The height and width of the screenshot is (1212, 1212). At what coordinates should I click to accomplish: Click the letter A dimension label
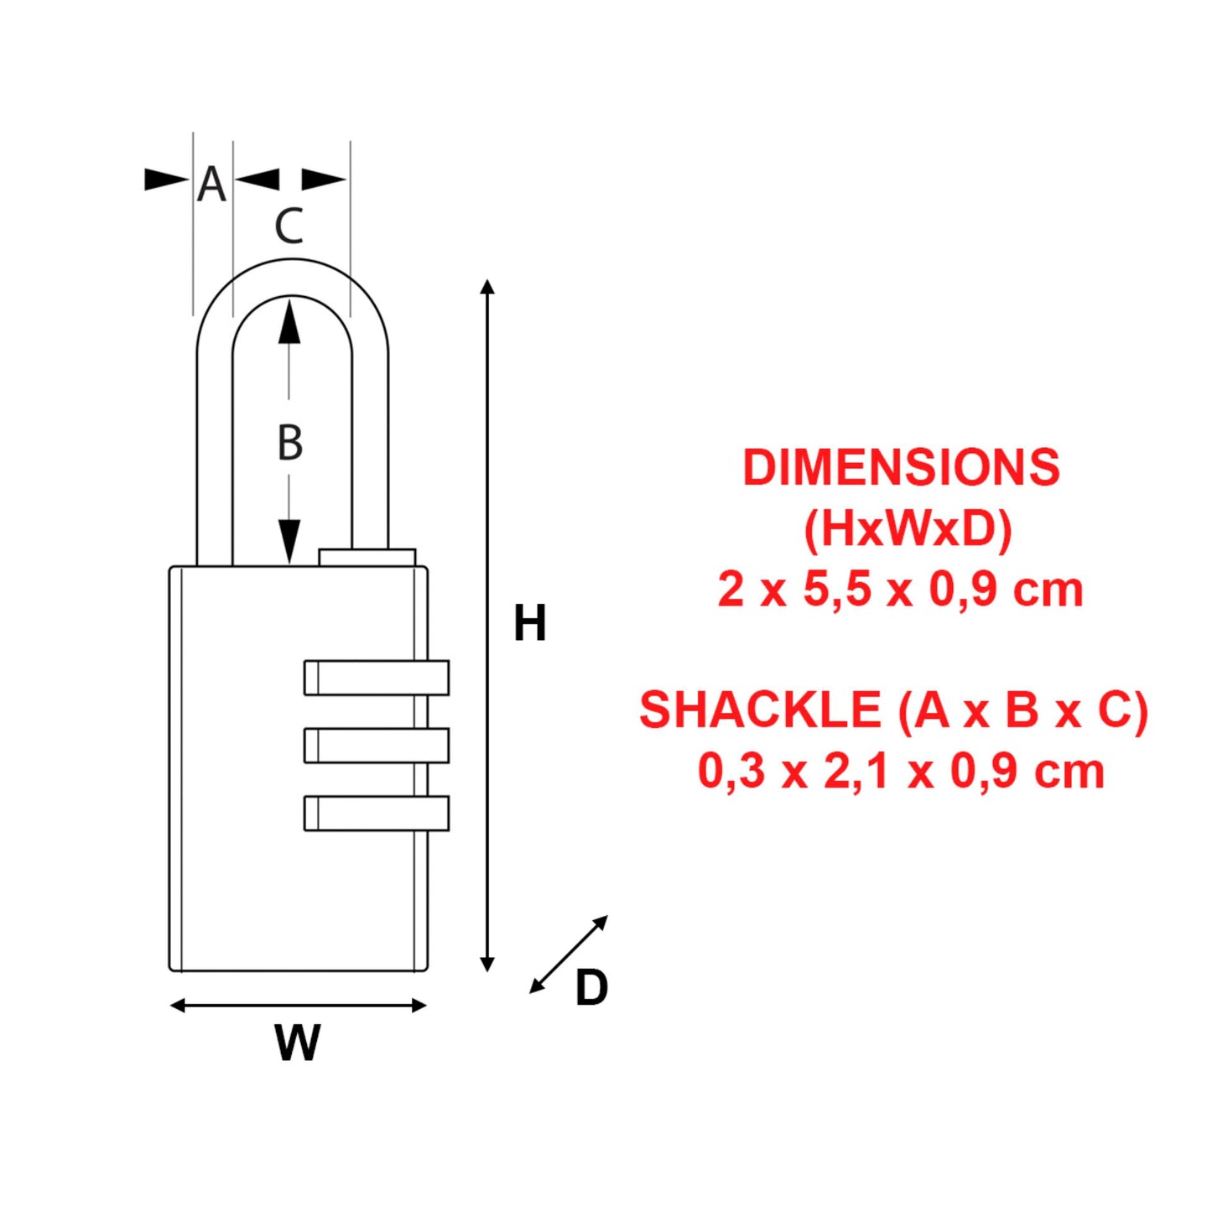(x=211, y=184)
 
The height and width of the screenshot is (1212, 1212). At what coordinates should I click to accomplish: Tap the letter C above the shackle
(x=289, y=226)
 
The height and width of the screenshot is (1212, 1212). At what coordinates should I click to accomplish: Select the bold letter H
(x=529, y=623)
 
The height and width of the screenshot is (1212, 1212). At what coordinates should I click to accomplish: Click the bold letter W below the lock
(x=298, y=1043)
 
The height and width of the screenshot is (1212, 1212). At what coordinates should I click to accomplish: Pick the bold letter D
(x=591, y=987)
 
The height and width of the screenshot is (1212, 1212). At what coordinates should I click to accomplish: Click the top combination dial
(x=376, y=678)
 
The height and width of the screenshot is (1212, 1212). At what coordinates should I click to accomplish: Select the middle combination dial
(x=376, y=745)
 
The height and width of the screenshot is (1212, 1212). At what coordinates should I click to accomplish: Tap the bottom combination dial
(x=376, y=813)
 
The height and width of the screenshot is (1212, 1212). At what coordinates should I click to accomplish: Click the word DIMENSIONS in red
(x=901, y=467)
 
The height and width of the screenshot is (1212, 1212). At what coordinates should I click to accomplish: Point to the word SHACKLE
(x=760, y=710)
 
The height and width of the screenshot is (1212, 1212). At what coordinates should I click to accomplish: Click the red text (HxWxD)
(x=908, y=528)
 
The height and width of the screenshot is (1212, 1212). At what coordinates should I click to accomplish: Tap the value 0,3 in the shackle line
(x=731, y=770)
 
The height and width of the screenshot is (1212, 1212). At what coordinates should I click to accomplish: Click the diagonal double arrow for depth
(x=569, y=955)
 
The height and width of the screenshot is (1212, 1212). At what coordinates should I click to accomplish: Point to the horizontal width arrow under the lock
(x=298, y=1005)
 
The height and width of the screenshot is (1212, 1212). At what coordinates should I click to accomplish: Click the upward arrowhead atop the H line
(x=487, y=287)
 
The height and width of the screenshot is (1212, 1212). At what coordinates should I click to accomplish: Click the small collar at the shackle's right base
(x=367, y=558)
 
